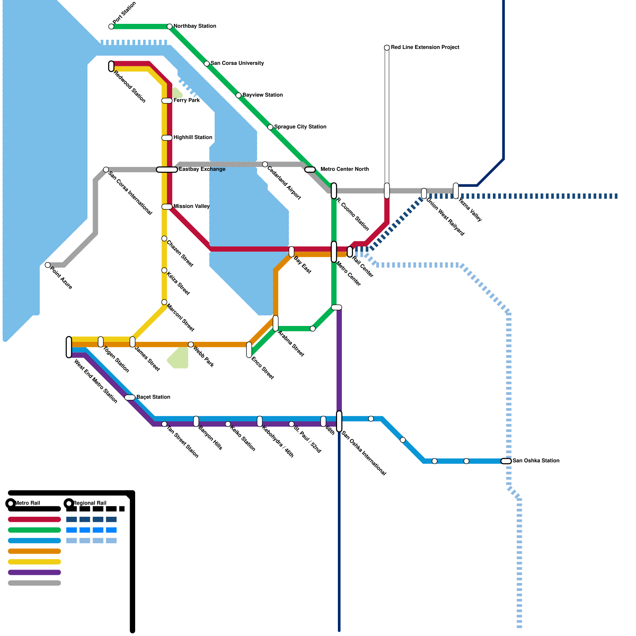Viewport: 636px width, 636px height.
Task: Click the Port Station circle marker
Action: tap(111, 27)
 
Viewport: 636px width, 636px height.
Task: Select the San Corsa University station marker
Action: tap(207, 64)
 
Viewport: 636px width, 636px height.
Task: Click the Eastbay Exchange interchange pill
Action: tap(167, 170)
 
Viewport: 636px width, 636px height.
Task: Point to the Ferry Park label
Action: tap(186, 101)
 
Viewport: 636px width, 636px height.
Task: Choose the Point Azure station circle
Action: tap(48, 265)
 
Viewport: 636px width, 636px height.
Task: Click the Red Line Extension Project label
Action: tap(425, 47)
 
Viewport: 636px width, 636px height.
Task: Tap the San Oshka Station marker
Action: tap(506, 461)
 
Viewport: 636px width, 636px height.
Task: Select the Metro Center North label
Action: tap(344, 169)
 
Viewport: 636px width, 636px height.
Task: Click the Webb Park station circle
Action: tap(191, 345)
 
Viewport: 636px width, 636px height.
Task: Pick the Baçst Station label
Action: tap(153, 397)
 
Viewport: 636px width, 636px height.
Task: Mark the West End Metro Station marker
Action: tap(69, 347)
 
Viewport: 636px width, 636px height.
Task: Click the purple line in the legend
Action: tap(35, 573)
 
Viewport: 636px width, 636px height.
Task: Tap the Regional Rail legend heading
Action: tap(90, 503)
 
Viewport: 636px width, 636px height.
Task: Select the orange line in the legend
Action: tap(35, 551)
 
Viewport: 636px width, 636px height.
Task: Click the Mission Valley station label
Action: tap(191, 206)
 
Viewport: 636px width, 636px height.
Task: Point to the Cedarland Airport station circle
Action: tap(265, 165)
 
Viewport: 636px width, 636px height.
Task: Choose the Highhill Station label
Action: tap(193, 138)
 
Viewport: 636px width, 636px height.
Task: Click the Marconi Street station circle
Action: tap(164, 302)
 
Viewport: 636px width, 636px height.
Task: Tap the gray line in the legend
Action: tap(35, 584)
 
